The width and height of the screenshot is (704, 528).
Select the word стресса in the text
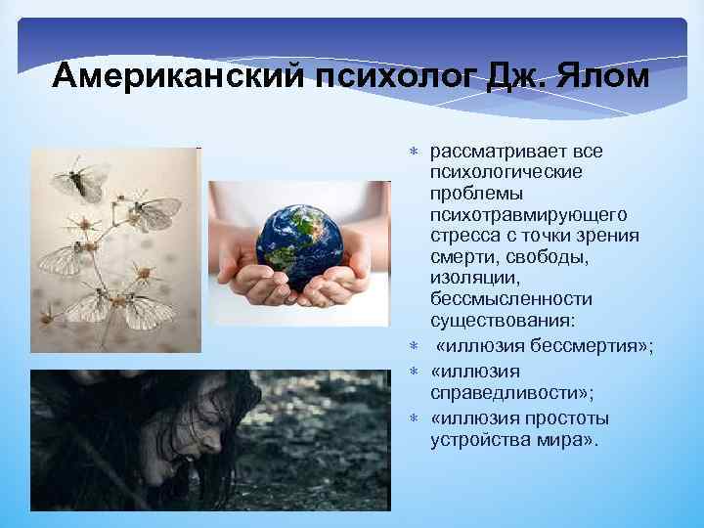pos(462,235)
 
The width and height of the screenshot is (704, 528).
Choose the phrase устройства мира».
pos(513,439)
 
